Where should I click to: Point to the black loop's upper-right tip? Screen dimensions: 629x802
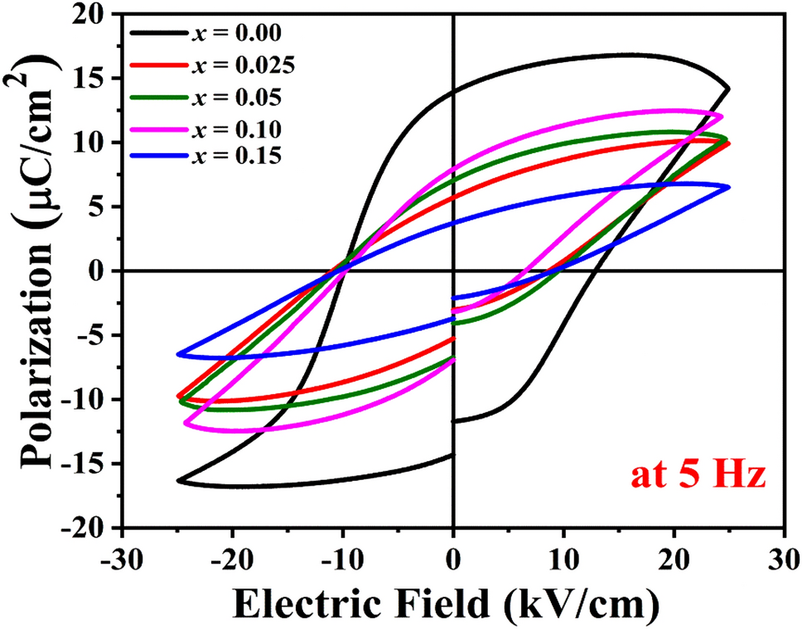tap(728, 89)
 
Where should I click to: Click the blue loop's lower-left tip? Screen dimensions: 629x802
tap(178, 354)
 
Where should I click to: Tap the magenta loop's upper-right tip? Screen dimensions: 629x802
tap(722, 116)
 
